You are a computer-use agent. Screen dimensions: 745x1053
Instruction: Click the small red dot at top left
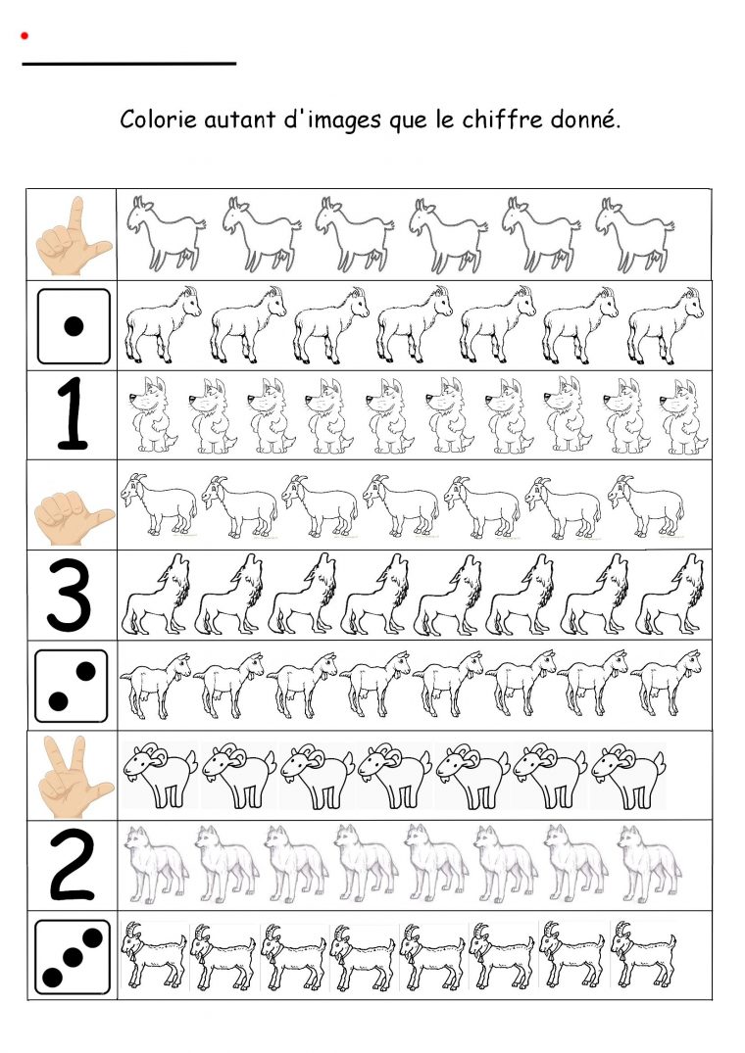25,35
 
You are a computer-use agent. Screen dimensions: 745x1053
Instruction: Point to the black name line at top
129,64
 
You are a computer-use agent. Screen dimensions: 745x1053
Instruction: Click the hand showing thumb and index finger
74,236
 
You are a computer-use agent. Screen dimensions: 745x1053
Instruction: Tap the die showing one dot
74,326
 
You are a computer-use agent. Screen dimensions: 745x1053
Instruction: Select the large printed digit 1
72,413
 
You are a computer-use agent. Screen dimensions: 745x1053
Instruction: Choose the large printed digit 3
70,595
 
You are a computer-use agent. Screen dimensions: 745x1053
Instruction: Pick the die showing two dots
72,686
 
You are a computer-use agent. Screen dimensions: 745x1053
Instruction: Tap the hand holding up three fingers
74,776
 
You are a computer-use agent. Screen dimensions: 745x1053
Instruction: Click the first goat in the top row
167,234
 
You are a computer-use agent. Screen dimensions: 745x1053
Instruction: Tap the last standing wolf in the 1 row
683,417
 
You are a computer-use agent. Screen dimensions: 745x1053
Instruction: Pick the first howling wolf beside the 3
156,595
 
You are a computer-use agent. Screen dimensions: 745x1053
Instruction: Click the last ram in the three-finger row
628,776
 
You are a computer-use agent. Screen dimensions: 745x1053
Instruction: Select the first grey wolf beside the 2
157,864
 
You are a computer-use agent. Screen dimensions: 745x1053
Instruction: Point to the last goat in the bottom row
643,954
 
